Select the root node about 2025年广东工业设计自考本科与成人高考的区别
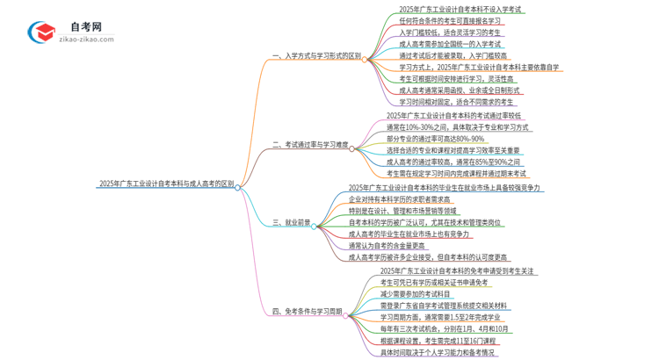pyautogui.click(x=166, y=185)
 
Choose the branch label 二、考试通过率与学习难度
pyautogui.click(x=309, y=144)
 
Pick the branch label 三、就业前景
pyautogui.click(x=291, y=223)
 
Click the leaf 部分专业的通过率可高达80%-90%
pyautogui.click(x=435, y=138)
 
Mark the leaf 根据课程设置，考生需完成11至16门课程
pyautogui.click(x=451, y=341)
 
